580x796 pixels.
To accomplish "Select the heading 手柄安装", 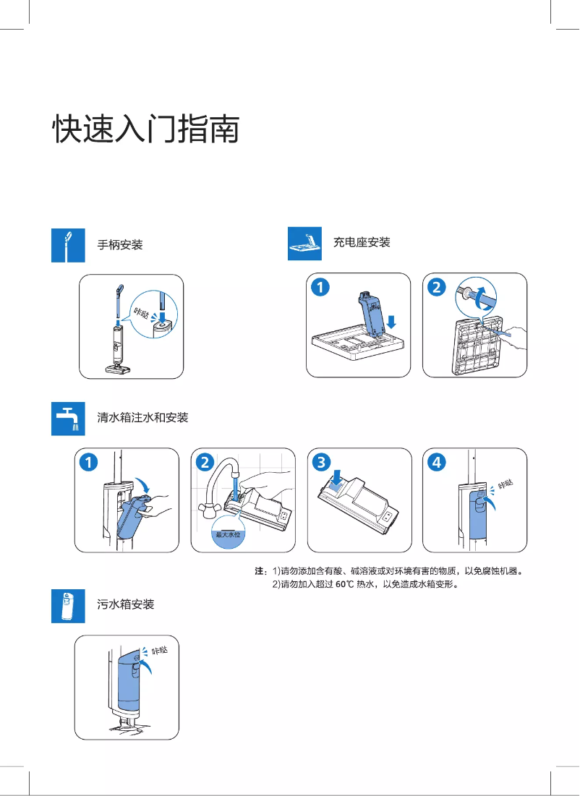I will pyautogui.click(x=120, y=245).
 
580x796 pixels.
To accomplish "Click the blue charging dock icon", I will pyautogui.click(x=304, y=243).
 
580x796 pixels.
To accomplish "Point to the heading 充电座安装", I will pyautogui.click(x=362, y=242).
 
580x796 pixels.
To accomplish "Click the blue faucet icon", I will pyautogui.click(x=68, y=419).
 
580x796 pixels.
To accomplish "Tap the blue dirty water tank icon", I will pyautogui.click(x=68, y=605).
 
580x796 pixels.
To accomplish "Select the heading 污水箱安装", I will pyautogui.click(x=126, y=604).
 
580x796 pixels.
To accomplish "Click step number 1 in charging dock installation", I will pyautogui.click(x=320, y=288).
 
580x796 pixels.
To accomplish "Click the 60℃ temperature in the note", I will pyautogui.click(x=344, y=584).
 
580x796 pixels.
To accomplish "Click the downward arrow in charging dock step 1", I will pyautogui.click(x=391, y=320).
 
